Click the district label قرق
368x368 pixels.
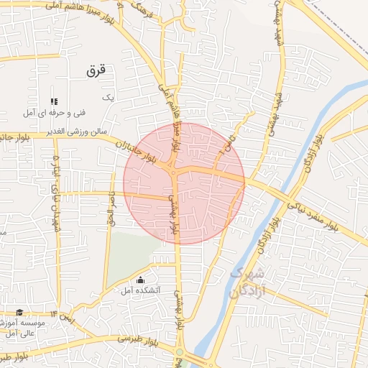click(96, 70)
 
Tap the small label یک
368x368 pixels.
click(109, 96)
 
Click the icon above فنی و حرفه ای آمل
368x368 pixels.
click(53, 101)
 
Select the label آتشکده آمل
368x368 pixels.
click(141, 290)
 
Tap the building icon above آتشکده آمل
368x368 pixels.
click(140, 280)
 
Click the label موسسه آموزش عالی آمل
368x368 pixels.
click(27, 328)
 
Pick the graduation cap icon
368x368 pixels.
click(19, 313)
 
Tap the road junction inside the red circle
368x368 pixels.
click(174, 171)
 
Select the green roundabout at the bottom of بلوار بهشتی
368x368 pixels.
click(179, 351)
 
